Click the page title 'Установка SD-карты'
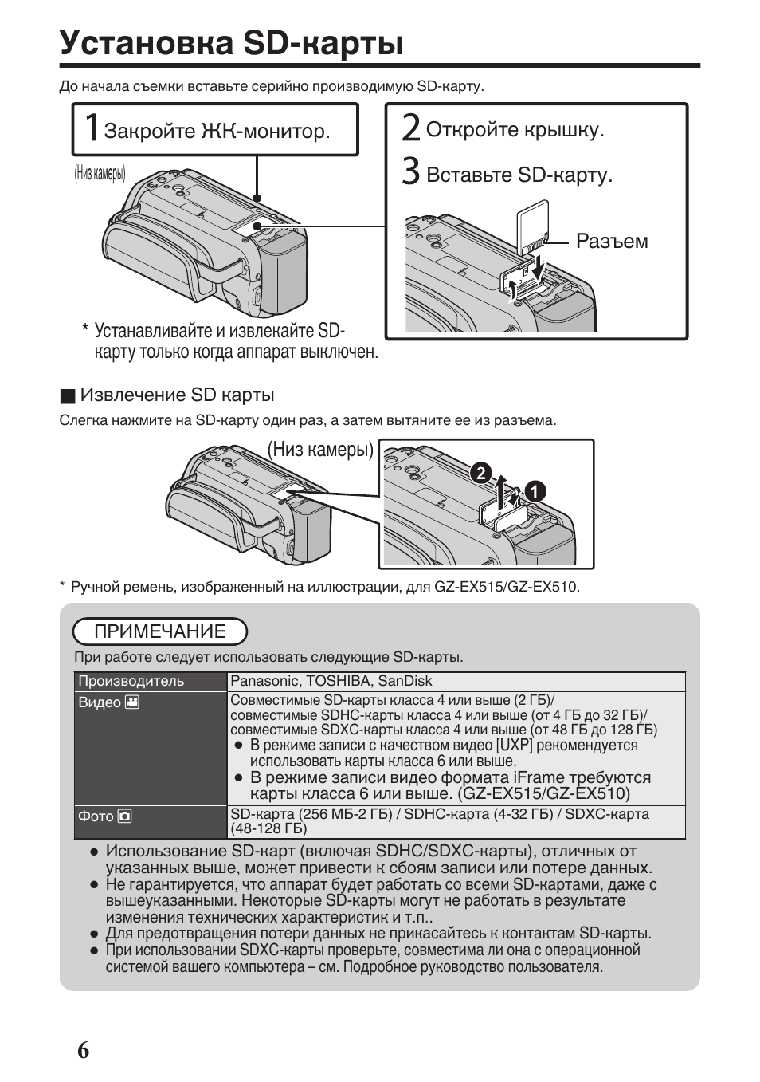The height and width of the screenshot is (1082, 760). click(x=231, y=43)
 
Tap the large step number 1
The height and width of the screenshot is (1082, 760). click(x=91, y=128)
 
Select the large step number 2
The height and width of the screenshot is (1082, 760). click(x=410, y=128)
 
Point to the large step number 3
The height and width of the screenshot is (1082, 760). click(x=410, y=171)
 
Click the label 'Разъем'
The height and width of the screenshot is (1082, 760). click(x=612, y=242)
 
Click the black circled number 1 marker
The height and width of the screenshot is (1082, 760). click(x=535, y=492)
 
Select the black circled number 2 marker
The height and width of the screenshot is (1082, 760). click(x=480, y=473)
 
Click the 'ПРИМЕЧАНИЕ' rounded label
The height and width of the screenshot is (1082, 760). click(x=160, y=631)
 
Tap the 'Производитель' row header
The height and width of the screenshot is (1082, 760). click(x=131, y=681)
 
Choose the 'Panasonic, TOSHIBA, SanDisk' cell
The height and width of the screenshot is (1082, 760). click(x=331, y=681)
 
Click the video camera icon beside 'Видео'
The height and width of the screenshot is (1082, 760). click(x=132, y=702)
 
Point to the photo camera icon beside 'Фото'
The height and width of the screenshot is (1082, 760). click(x=125, y=816)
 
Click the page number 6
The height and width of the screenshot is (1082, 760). click(x=84, y=1050)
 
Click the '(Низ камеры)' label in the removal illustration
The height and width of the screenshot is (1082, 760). click(x=320, y=450)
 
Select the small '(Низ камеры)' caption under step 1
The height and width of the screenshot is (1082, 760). click(x=100, y=173)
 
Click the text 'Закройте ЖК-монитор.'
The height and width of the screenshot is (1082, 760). click(x=217, y=131)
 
